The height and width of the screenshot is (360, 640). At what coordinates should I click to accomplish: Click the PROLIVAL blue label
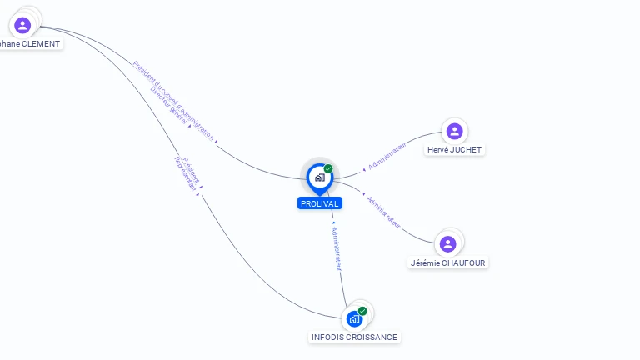(x=319, y=203)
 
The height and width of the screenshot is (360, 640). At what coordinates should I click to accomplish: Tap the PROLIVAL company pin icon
(x=319, y=177)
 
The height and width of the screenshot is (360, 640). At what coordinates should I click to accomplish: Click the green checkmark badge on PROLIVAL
(x=328, y=168)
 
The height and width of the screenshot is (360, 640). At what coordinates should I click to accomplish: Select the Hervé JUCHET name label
(x=454, y=150)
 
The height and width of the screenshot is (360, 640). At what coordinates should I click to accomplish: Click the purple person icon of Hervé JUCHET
(x=454, y=131)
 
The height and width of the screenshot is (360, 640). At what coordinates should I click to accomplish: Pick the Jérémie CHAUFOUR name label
(x=448, y=262)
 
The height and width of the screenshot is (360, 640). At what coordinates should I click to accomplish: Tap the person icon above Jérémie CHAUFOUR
(x=448, y=243)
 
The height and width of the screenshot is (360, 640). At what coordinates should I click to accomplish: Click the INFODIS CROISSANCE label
(x=354, y=337)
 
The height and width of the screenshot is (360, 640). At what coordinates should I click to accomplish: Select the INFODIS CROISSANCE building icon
(x=354, y=318)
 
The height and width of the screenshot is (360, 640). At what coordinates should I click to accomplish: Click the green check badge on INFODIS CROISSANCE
(x=362, y=311)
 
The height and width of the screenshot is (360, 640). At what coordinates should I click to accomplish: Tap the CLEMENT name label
(x=30, y=43)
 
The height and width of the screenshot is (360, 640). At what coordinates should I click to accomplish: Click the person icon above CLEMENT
(x=22, y=25)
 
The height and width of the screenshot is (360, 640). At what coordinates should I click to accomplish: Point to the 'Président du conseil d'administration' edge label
(x=174, y=100)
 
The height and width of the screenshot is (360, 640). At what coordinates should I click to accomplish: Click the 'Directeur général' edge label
(x=169, y=107)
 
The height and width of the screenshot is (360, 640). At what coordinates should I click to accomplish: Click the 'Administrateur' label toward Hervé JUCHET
(x=387, y=155)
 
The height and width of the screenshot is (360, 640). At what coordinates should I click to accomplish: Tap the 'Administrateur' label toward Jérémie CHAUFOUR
(x=383, y=212)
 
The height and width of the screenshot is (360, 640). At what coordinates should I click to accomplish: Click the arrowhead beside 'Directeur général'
(x=190, y=126)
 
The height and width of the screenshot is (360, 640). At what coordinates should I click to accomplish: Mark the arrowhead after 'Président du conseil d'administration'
(x=217, y=142)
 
